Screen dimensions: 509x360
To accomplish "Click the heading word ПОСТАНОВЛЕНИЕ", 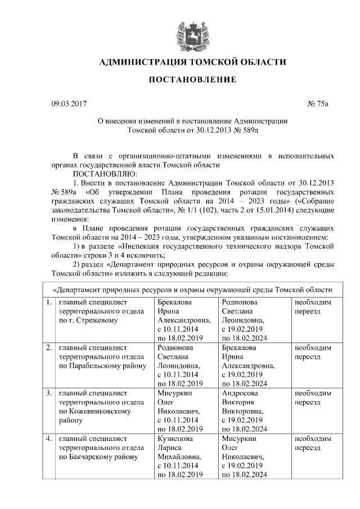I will click(192, 79).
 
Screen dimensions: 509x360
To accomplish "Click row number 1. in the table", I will click(49, 303).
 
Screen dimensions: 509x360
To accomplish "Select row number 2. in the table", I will click(49, 348).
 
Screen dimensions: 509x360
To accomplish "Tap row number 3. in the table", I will click(49, 393).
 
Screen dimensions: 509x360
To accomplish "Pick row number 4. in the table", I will click(49, 438).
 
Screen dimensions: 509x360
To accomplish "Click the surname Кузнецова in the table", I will click(175, 438).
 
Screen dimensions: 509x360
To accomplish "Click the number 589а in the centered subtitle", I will click(247, 129).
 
